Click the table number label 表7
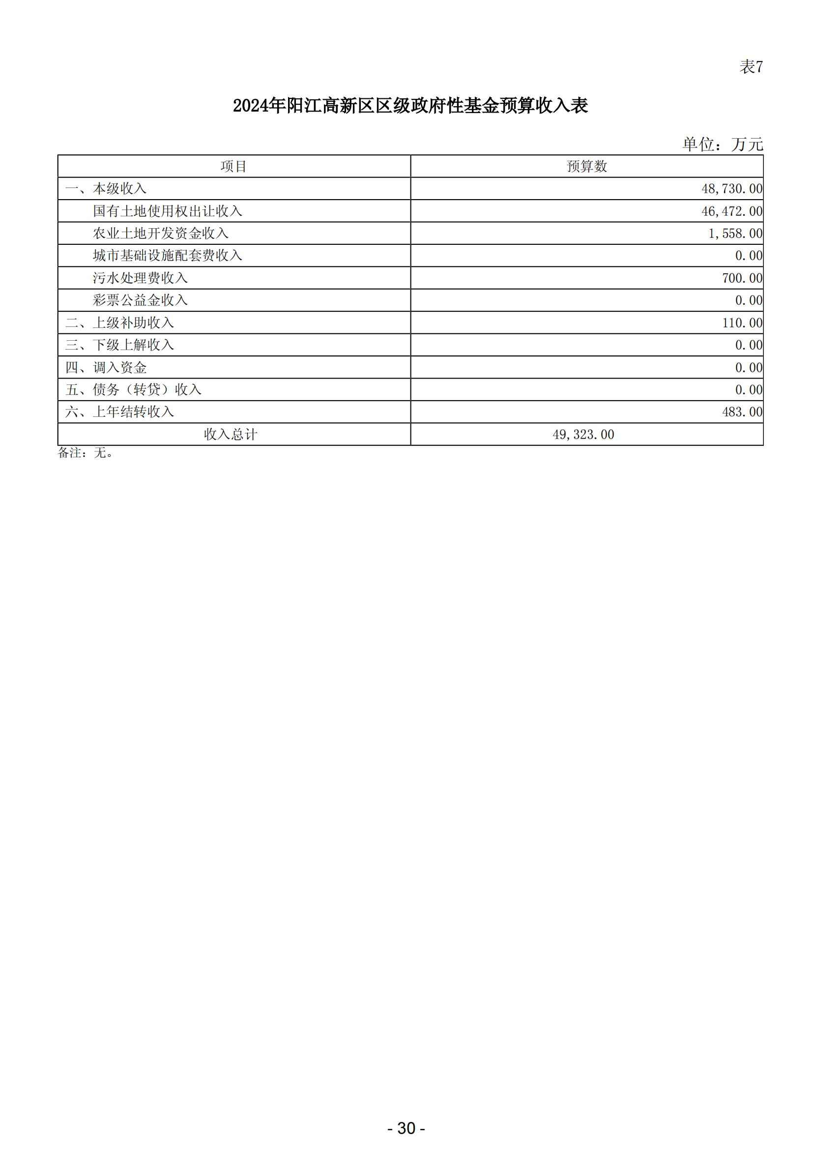click(751, 66)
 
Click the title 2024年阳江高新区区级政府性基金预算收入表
click(410, 106)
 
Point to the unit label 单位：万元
click(723, 144)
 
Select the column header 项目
click(234, 166)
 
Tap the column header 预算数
click(587, 166)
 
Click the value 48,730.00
click(732, 189)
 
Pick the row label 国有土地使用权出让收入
click(167, 211)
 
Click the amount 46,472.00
click(732, 211)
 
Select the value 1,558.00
click(735, 234)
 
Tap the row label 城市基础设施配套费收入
click(167, 256)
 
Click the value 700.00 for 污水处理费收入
click(742, 278)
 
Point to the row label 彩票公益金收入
click(140, 300)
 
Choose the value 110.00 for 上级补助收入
click(742, 323)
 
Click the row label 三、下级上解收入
click(119, 345)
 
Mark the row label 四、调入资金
click(106, 367)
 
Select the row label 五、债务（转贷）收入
click(133, 389)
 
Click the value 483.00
click(742, 412)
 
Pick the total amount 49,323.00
click(583, 434)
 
